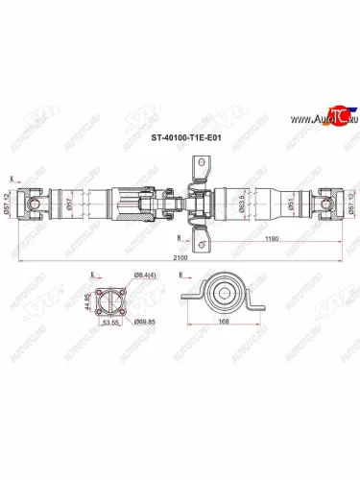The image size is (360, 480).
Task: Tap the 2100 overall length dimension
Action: point(180,256)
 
